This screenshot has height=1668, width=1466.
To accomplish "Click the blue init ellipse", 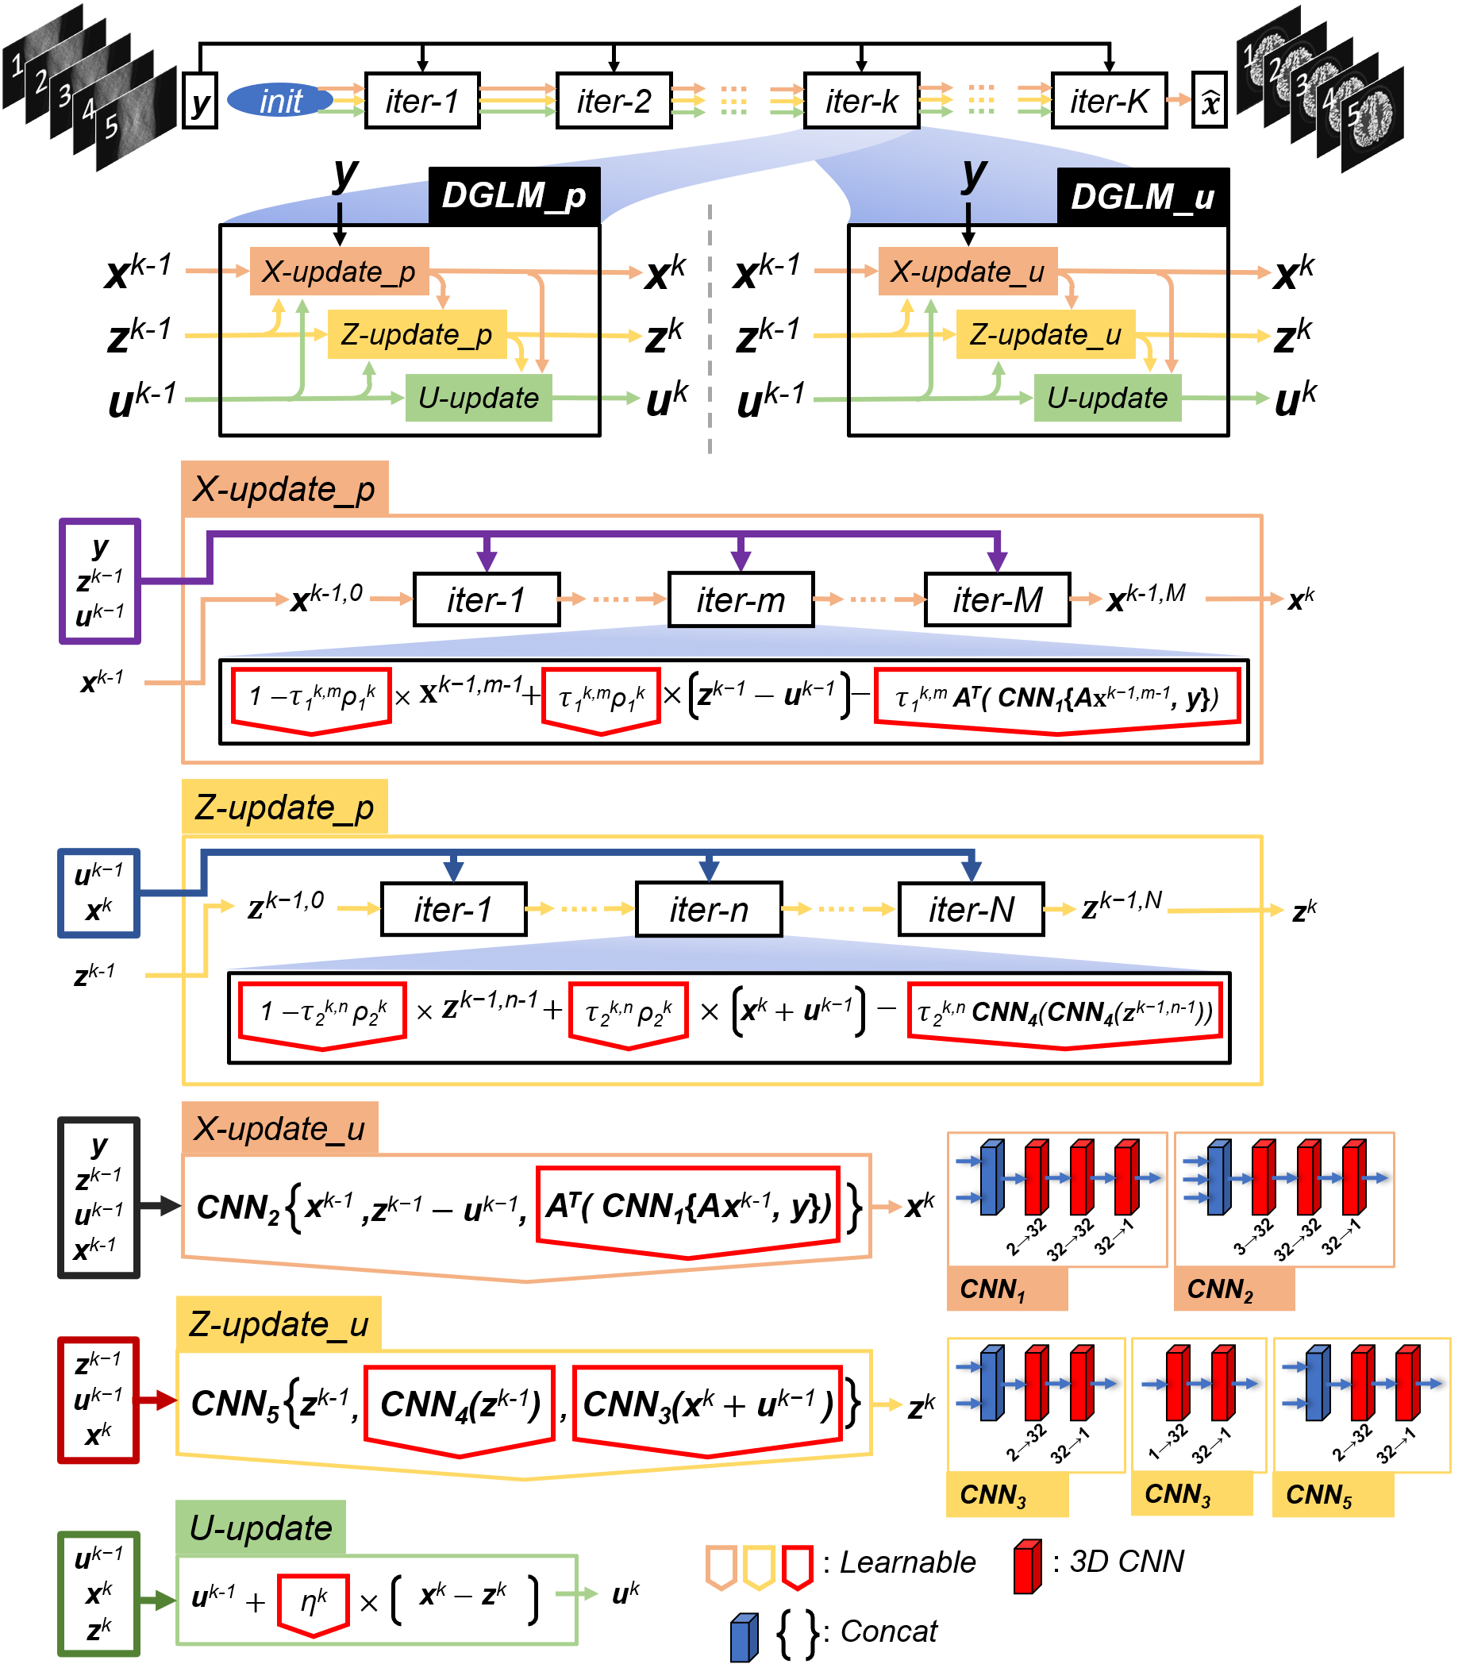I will (x=280, y=100).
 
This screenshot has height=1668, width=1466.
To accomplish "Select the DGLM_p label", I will (x=514, y=196).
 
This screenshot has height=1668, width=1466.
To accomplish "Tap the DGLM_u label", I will (x=1142, y=197).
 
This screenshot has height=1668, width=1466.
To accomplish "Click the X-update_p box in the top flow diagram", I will (x=340, y=272).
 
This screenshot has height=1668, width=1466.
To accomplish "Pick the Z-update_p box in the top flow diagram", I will (x=417, y=334).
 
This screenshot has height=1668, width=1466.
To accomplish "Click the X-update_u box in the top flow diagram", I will (x=968, y=272).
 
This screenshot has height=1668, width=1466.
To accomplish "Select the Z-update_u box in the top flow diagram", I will (x=1045, y=334).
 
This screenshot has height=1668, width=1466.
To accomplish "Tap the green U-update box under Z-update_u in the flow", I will (x=1107, y=399).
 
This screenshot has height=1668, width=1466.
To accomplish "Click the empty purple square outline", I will (x=99, y=581).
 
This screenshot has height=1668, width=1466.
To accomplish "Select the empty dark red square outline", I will (x=98, y=1400).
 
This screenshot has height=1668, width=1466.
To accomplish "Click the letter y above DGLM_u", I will (x=974, y=173).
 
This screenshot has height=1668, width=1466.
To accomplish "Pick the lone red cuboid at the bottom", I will (x=1027, y=1567).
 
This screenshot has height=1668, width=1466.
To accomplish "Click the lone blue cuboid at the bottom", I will (x=744, y=1638).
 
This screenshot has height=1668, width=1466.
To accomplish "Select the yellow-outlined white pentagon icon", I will (x=760, y=1567).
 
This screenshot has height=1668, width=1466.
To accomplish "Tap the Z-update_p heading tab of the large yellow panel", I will (x=285, y=808).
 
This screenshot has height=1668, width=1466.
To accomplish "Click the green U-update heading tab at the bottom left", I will (x=261, y=1528).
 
